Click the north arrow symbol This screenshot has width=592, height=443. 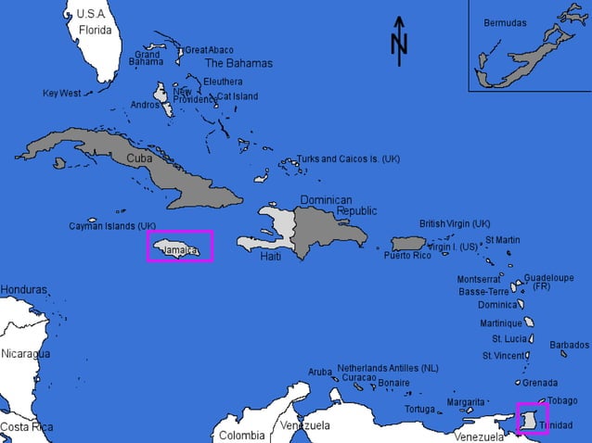(399, 42)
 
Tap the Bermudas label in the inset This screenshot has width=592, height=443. (505, 22)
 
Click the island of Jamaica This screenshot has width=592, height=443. (179, 247)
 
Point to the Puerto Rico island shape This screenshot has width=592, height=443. (407, 243)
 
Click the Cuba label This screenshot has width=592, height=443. (139, 158)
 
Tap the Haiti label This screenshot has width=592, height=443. (270, 257)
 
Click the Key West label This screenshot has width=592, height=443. (62, 94)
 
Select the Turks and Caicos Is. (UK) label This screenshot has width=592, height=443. (348, 159)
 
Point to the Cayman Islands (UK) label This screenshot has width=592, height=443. (112, 226)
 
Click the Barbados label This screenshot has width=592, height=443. (569, 345)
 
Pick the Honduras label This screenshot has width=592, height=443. (23, 290)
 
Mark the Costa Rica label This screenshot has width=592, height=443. (26, 427)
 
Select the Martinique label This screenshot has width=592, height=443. (501, 323)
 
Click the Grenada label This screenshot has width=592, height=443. (540, 383)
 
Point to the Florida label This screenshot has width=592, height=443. (95, 30)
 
